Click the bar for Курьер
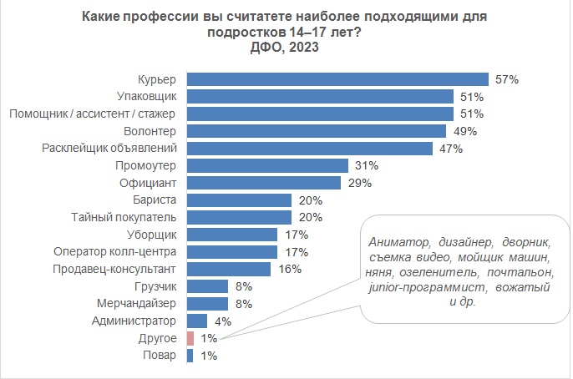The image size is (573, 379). [x=338, y=79]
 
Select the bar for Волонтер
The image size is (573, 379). [x=316, y=131]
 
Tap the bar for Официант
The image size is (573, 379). [x=263, y=182]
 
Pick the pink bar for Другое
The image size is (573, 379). [x=190, y=338]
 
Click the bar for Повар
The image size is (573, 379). [x=190, y=356]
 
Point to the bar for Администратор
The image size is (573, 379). [x=197, y=321]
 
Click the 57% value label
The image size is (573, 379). [x=507, y=79]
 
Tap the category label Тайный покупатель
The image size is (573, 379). [x=125, y=217]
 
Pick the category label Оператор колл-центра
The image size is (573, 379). [x=114, y=251]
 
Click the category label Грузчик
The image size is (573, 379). [x=155, y=286]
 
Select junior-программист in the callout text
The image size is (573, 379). [x=417, y=287]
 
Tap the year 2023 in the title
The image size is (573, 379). [x=302, y=48]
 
